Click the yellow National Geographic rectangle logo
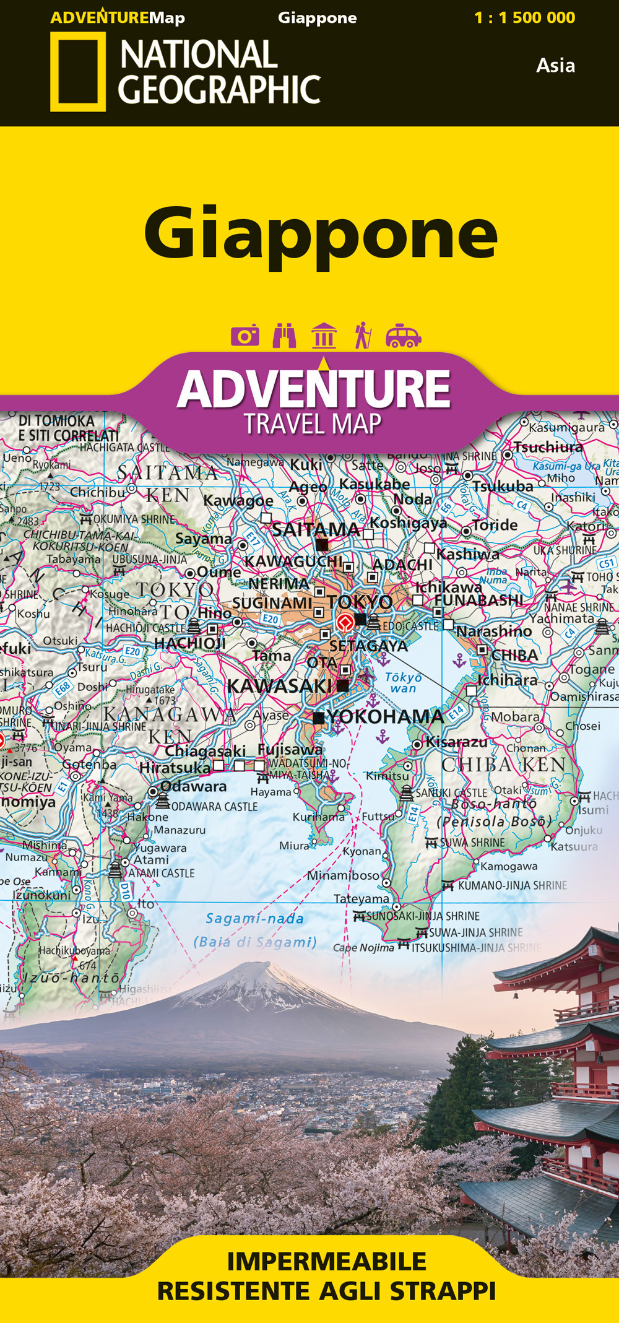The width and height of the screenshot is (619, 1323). [x=77, y=72]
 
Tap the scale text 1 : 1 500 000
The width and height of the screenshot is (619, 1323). [x=524, y=17]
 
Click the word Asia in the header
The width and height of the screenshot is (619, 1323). [x=555, y=66]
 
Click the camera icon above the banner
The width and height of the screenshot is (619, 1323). [x=245, y=336]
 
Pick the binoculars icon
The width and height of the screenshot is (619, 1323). [x=284, y=336]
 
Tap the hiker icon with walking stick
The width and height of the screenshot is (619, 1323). [x=363, y=335]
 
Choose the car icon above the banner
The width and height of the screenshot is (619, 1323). [x=403, y=336]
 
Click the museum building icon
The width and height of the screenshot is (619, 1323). [x=324, y=336]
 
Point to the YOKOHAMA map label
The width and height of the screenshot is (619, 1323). [x=384, y=717]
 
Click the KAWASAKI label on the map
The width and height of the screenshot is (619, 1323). [x=279, y=686]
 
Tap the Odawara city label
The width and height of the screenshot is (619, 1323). [x=193, y=786]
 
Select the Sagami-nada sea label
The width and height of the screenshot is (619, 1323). [x=254, y=918]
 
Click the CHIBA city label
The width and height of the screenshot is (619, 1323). [x=515, y=655]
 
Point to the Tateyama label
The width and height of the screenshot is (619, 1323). [x=361, y=898]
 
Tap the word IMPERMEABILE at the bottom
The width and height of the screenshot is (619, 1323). [x=326, y=1261]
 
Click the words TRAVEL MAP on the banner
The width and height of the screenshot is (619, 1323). [x=313, y=424]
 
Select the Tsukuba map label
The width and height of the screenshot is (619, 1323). [x=503, y=487]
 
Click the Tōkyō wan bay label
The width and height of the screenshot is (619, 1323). [x=403, y=682]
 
